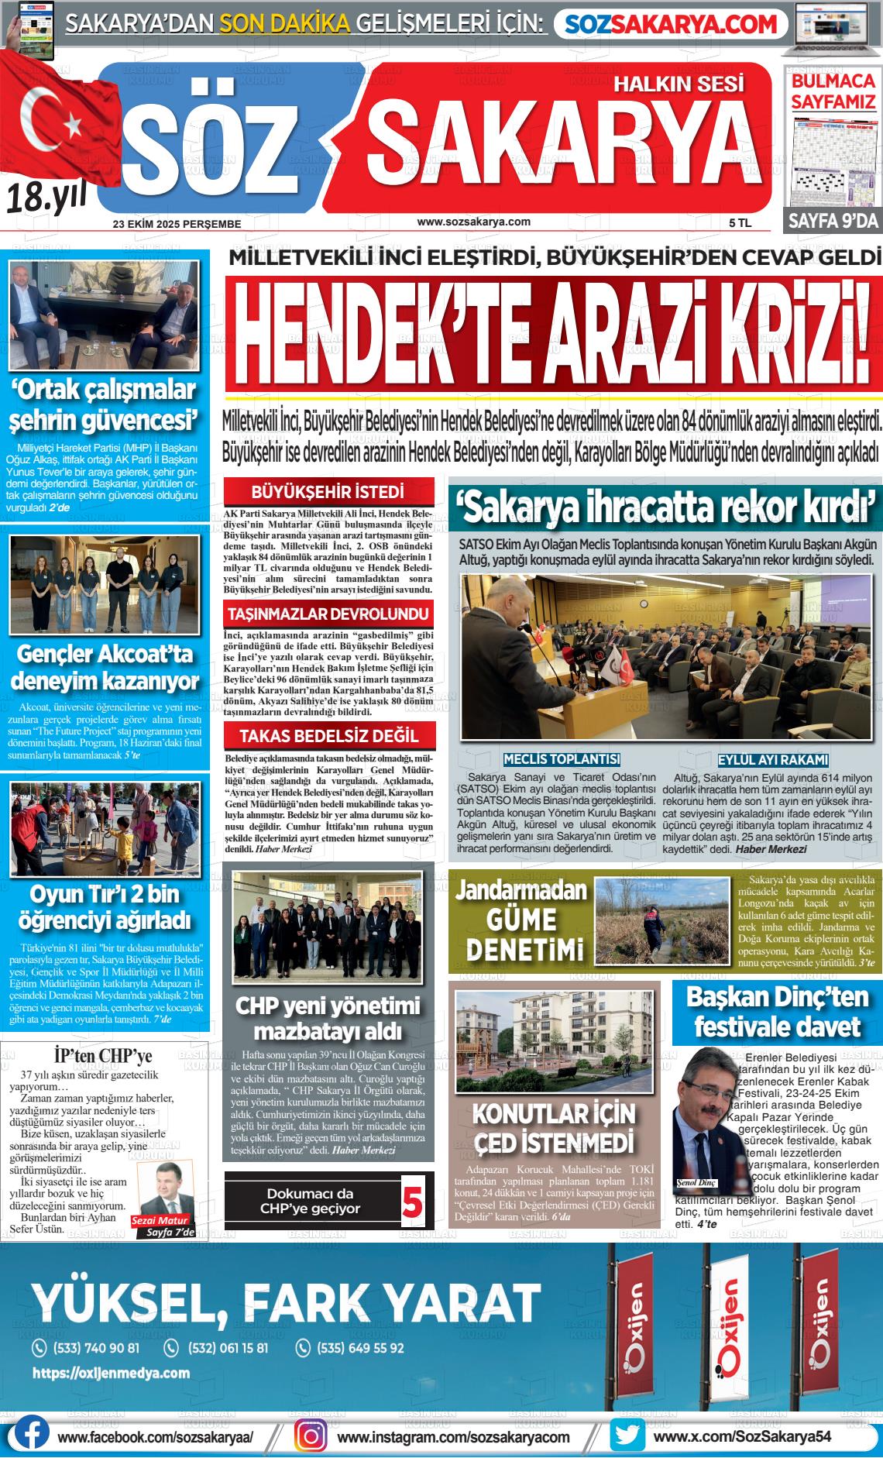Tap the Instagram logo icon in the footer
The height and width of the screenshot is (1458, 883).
coord(313,1435)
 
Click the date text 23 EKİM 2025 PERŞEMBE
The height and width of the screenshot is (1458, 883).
coord(177,224)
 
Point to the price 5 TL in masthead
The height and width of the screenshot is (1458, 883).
coord(740,223)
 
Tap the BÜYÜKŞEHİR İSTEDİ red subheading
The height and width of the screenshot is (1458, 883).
coord(328,492)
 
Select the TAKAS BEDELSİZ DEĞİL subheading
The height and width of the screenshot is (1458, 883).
coord(328,736)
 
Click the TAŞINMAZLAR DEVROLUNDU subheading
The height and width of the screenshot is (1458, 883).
coord(328,614)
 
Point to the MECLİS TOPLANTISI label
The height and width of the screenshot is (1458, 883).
coord(562,759)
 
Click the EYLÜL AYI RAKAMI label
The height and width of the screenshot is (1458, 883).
coord(773,759)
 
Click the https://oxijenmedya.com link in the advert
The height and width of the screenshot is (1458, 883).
coord(111,1373)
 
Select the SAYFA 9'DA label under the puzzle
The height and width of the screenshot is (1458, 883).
coord(833,221)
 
